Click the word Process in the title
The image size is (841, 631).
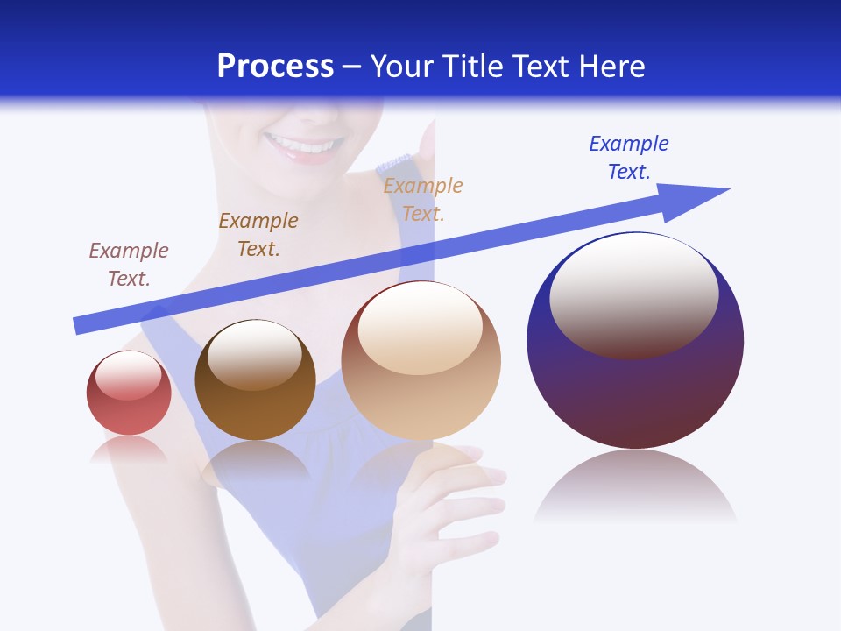[x=275, y=67]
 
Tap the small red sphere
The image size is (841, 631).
[x=129, y=393]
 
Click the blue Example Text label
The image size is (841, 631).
[x=628, y=158]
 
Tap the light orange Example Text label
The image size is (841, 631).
[x=422, y=199]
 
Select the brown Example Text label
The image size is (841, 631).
[x=258, y=235]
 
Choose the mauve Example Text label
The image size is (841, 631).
[x=128, y=264]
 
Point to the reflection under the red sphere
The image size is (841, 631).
[x=129, y=449]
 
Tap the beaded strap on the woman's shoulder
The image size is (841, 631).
[x=393, y=164]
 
